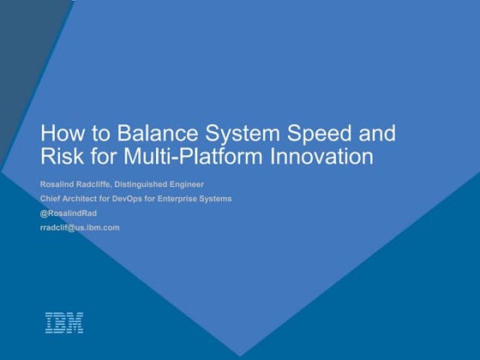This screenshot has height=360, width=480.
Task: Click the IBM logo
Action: click(64, 322)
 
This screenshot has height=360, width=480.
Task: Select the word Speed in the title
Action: click(313, 135)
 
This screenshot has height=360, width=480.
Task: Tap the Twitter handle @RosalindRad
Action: click(69, 213)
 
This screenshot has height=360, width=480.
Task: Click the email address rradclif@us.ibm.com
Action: click(80, 227)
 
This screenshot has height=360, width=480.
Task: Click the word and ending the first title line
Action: click(378, 135)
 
